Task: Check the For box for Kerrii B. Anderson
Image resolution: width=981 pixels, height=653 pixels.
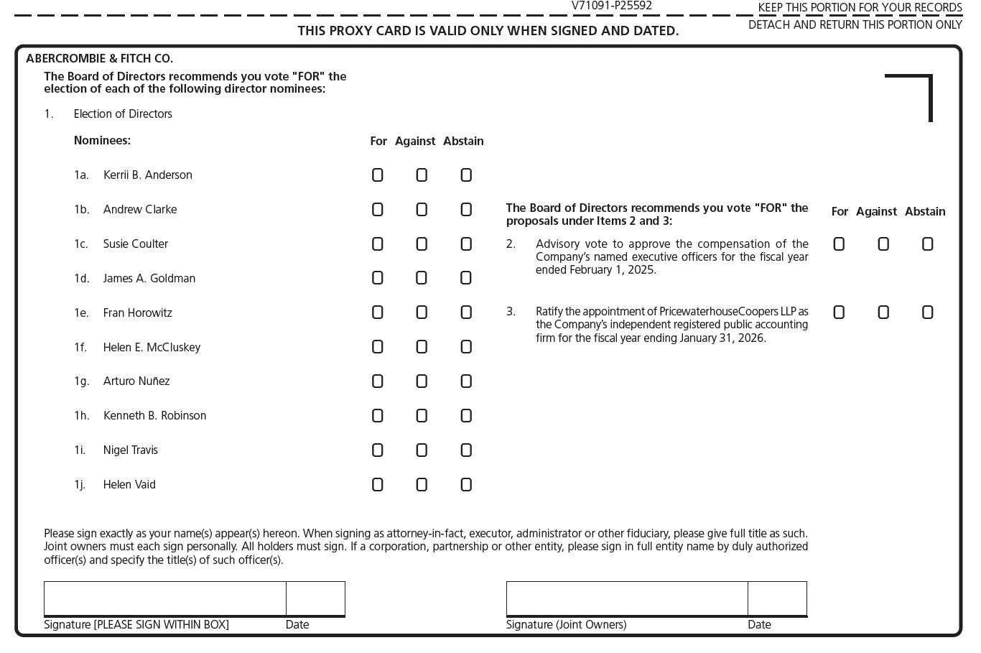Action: tap(378, 175)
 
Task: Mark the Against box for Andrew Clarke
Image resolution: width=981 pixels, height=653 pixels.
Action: tap(422, 210)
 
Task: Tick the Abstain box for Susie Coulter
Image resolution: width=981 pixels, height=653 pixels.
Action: tap(466, 244)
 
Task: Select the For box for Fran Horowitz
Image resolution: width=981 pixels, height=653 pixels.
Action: tap(378, 312)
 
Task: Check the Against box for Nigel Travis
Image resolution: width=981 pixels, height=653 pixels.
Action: tap(422, 450)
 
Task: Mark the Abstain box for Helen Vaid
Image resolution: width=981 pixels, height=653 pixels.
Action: tap(466, 485)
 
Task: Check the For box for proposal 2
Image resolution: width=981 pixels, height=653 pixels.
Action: tap(839, 244)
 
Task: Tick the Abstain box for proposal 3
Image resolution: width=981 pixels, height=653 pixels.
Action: tap(927, 312)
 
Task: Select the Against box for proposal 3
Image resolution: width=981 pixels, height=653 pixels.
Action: tap(883, 312)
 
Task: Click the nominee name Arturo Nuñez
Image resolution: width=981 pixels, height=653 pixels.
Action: tap(136, 381)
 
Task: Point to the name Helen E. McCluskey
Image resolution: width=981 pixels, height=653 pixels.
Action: tap(152, 347)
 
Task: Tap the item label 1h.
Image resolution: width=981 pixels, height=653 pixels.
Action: tap(82, 416)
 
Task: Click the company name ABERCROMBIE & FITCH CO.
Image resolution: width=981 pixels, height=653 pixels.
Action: tap(99, 59)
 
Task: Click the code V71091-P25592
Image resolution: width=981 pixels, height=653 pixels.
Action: tap(612, 6)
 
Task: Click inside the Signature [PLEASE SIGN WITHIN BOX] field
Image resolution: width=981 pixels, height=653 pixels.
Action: tap(165, 598)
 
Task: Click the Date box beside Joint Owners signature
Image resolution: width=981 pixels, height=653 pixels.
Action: tap(777, 598)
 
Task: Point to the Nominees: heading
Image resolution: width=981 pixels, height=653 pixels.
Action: tap(102, 141)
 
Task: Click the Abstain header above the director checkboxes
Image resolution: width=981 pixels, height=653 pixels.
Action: tap(463, 142)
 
